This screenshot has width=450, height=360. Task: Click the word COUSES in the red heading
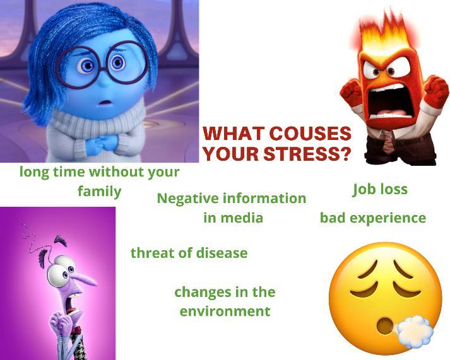point(311,134)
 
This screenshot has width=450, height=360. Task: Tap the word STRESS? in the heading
point(307,154)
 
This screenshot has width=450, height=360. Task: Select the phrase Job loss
point(380,190)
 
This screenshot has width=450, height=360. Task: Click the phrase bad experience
point(373,218)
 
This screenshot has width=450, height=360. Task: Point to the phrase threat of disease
point(189,253)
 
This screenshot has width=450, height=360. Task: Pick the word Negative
point(188,199)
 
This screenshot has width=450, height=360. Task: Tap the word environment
point(225,311)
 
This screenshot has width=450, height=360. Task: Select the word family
point(99,192)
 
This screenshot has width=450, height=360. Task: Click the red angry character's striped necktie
point(388,141)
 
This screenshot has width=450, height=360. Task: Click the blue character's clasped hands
point(105,142)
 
